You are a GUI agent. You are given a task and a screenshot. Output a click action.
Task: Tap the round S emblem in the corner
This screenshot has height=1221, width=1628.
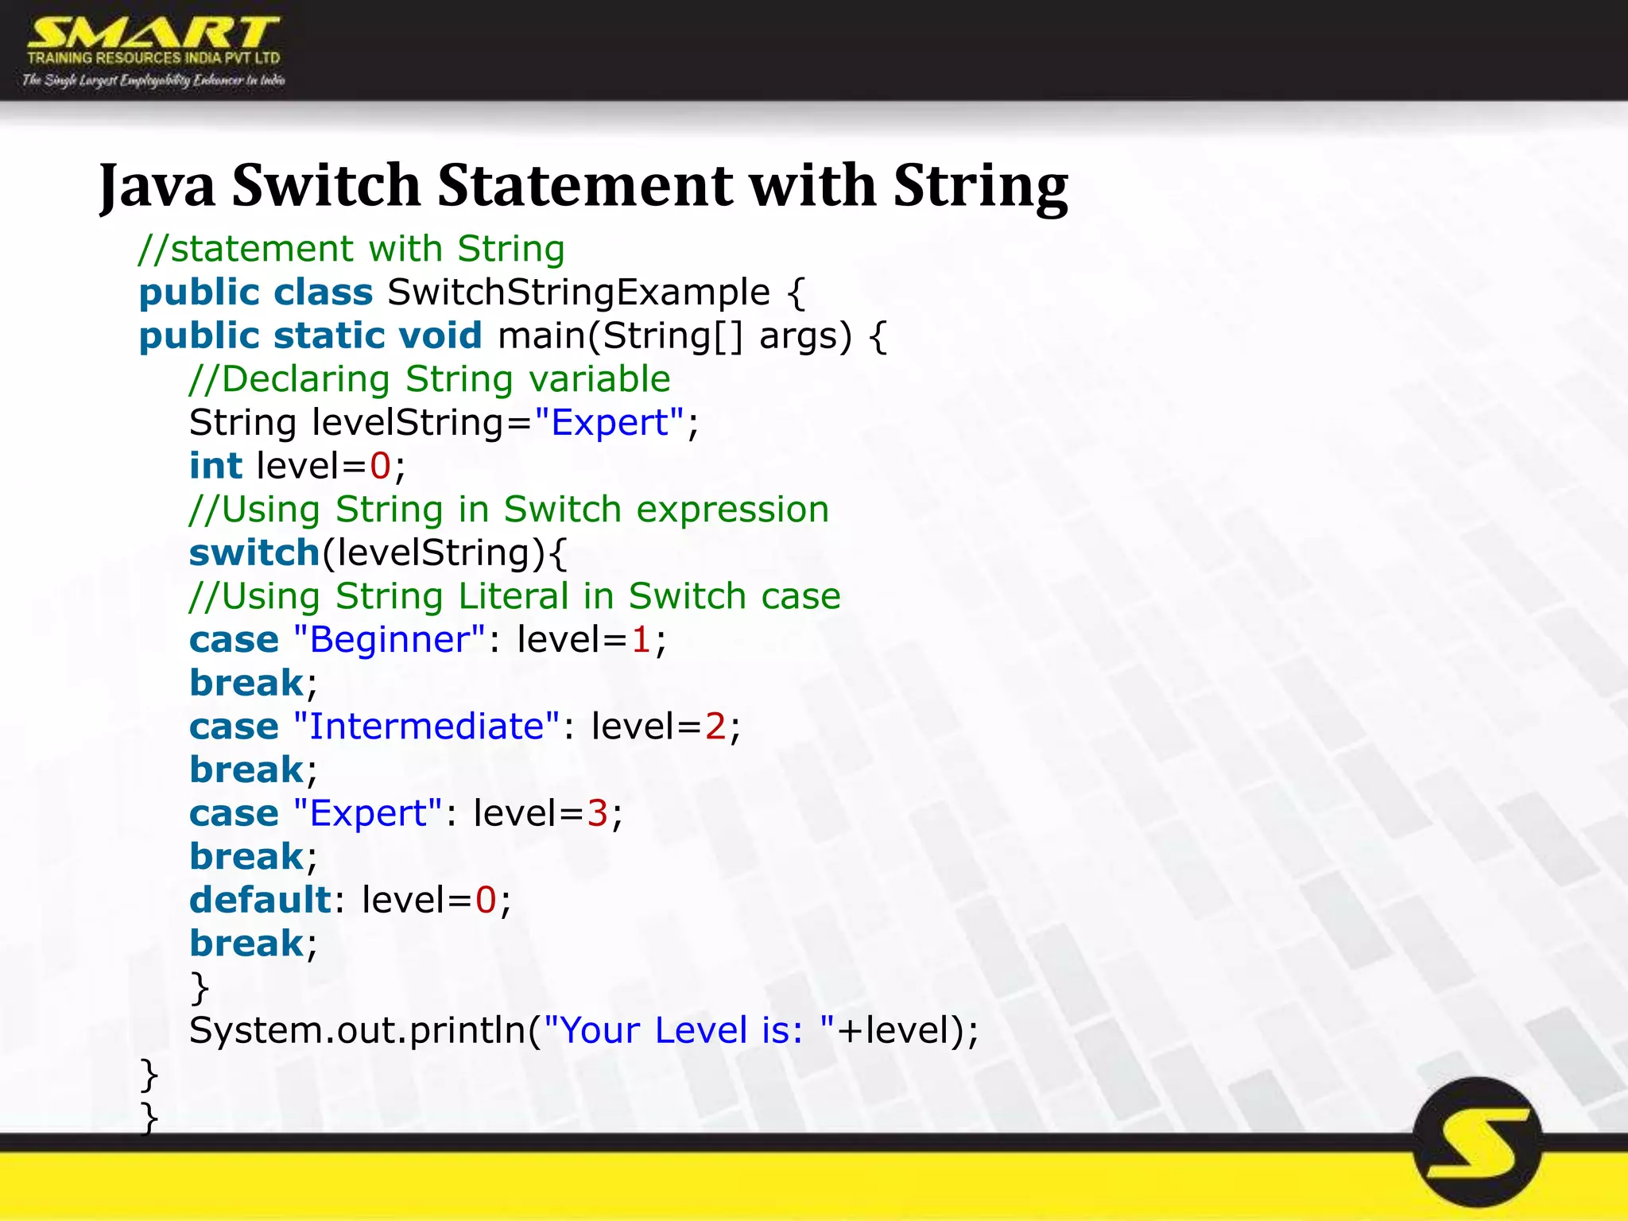(1478, 1143)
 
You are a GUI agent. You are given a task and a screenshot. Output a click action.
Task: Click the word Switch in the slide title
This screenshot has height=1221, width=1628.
(326, 185)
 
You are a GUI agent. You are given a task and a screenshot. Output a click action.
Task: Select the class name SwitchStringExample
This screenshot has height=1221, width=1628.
(579, 293)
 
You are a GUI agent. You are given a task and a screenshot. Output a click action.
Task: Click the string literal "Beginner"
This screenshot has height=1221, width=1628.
(390, 640)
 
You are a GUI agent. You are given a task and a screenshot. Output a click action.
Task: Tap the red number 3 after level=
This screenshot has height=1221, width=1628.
(597, 813)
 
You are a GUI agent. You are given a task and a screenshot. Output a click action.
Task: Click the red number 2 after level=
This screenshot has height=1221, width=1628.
(715, 727)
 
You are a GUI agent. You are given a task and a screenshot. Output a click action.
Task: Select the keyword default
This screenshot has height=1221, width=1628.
(260, 900)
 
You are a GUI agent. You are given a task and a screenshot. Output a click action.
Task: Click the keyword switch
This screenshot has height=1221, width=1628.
(254, 552)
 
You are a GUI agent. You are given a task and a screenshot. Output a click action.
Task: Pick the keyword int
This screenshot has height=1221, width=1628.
(215, 466)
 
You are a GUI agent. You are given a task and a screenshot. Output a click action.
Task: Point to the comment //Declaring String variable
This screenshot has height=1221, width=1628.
(430, 379)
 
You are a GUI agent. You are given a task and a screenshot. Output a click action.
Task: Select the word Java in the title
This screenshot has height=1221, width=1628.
(157, 185)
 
